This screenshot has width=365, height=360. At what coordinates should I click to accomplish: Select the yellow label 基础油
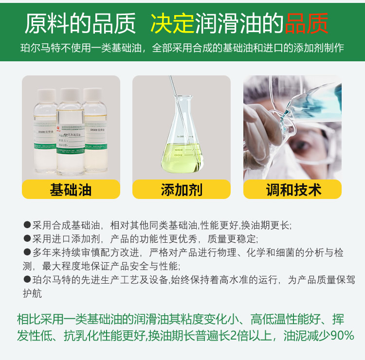point(71,189)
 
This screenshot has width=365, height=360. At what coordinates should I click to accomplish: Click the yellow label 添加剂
point(182,189)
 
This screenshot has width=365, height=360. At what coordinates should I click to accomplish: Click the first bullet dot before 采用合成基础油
point(27,225)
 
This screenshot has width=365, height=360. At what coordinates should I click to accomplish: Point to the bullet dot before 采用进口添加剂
point(27,239)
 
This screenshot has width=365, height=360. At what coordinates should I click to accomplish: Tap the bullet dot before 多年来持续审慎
point(27,252)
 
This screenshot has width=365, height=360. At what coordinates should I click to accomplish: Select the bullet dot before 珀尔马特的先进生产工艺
point(27,280)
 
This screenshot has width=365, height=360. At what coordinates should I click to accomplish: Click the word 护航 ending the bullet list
point(33,293)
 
